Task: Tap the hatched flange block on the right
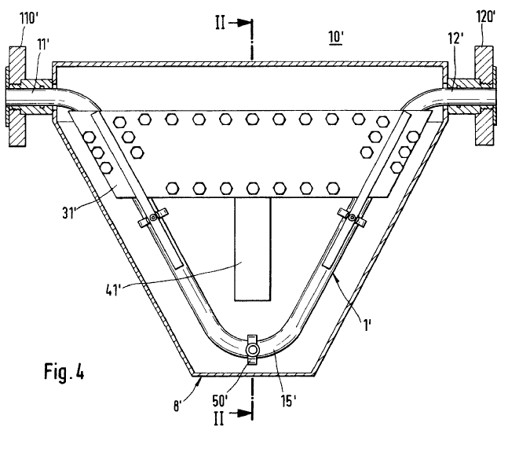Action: tap(484, 96)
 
